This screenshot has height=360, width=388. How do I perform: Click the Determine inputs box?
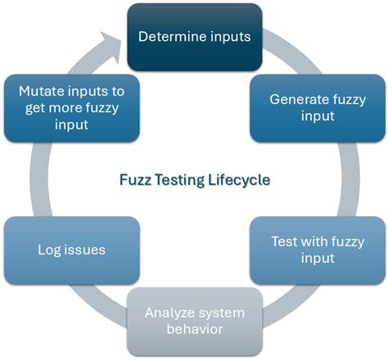pyautogui.click(x=194, y=36)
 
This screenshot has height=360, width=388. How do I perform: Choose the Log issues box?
pyautogui.click(x=71, y=249)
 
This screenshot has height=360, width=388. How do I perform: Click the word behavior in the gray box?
pyautogui.click(x=194, y=329)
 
